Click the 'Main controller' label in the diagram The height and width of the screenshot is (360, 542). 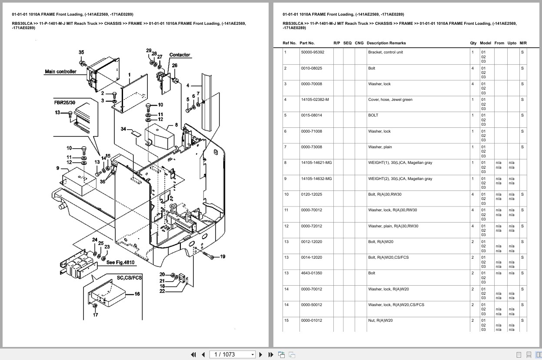(x=60, y=72)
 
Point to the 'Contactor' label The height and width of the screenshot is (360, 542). (x=180, y=55)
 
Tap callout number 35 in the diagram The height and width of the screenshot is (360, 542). (x=81, y=52)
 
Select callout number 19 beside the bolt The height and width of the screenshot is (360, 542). (x=223, y=257)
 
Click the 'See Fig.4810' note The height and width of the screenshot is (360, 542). (x=120, y=263)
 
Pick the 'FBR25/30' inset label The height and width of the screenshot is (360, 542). (x=65, y=103)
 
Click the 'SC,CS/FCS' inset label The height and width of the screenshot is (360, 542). (x=129, y=278)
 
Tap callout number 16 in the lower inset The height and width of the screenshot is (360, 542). (x=137, y=294)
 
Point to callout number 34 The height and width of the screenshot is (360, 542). (x=123, y=129)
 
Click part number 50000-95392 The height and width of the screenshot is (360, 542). (x=313, y=52)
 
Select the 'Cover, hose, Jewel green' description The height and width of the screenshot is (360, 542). (x=390, y=100)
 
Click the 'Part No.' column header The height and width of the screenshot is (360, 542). (x=307, y=43)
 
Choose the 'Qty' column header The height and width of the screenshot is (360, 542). (x=473, y=43)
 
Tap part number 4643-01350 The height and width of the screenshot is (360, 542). (x=311, y=273)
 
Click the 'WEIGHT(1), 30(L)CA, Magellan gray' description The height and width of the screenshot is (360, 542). (x=400, y=163)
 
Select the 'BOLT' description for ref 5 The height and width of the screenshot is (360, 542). (x=373, y=115)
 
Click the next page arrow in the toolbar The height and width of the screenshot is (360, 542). (x=261, y=355)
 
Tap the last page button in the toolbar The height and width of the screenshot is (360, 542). (x=271, y=355)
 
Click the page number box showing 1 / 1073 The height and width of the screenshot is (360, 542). (x=232, y=355)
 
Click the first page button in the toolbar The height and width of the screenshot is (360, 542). (x=193, y=355)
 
